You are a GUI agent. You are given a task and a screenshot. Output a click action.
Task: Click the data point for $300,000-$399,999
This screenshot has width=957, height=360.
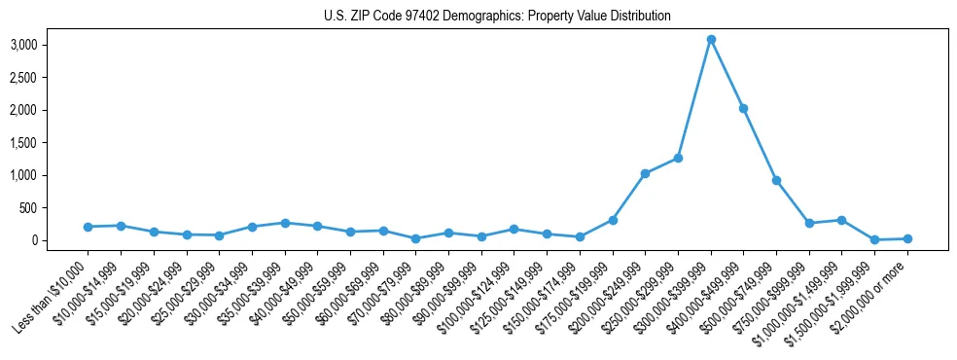711,40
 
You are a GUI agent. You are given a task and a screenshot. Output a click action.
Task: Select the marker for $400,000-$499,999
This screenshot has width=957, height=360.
744,109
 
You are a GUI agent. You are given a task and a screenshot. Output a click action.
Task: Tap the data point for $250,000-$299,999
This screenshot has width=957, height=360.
678,158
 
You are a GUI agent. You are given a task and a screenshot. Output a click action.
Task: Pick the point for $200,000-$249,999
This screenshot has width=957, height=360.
645,173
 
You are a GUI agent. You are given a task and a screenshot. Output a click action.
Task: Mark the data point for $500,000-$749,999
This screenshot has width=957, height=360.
776,180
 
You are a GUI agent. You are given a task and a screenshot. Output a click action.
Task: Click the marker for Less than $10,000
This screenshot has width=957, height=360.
88,227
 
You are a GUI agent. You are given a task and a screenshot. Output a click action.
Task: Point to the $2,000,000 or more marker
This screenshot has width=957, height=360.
907,238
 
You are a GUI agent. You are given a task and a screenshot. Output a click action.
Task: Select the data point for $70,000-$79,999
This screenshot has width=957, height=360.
415,238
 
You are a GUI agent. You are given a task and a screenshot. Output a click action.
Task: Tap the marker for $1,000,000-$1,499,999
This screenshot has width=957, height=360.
841,220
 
